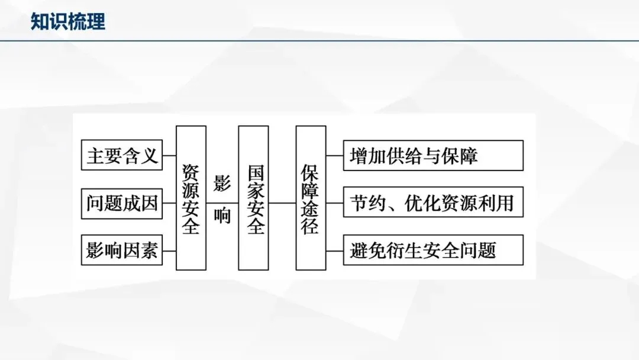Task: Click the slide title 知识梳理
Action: click(68, 22)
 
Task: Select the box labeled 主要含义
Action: click(121, 156)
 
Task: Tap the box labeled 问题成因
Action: click(121, 203)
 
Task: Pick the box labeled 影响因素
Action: click(121, 250)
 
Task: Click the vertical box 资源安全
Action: click(191, 198)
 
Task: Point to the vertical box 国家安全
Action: click(253, 198)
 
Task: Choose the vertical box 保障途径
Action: click(311, 198)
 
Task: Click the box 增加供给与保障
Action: click(433, 156)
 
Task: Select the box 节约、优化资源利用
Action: click(433, 203)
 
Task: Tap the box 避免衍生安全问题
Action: click(433, 250)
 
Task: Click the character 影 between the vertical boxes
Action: click(222, 184)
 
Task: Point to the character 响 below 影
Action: click(222, 216)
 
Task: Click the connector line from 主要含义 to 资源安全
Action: click(169, 156)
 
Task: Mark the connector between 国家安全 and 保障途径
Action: click(282, 203)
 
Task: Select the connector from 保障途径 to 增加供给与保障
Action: click(334, 156)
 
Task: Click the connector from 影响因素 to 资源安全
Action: click(169, 250)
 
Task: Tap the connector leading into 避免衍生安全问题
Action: click(334, 250)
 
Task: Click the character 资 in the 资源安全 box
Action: click(191, 172)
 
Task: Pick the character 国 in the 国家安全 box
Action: click(254, 172)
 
